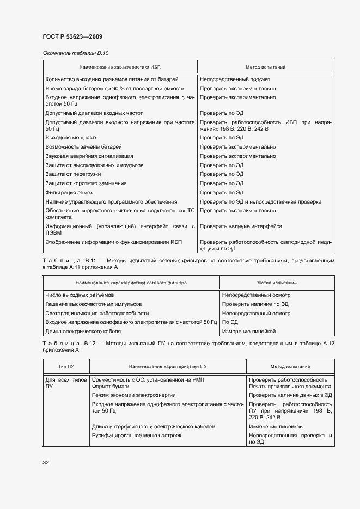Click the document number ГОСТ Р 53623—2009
[72, 36]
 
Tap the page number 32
[46, 462]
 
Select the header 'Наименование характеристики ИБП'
[120, 67]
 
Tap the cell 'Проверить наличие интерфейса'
[241, 226]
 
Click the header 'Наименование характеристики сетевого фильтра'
[131, 283]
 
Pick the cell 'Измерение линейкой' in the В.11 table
[249, 331]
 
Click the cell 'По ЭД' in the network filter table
[230, 322]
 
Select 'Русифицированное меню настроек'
[136, 436]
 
